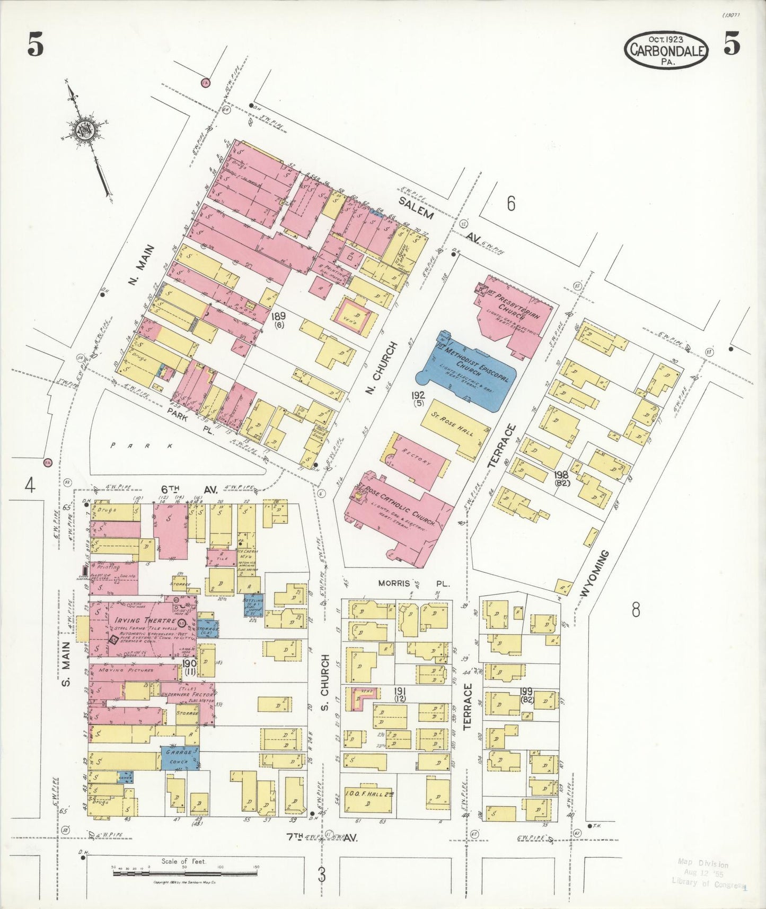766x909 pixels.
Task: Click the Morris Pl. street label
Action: pos(413,583)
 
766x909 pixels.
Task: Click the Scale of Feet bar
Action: pos(185,872)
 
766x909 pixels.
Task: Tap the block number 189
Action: pos(278,317)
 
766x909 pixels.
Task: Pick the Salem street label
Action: pos(416,207)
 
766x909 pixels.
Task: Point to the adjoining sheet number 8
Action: pos(635,610)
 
